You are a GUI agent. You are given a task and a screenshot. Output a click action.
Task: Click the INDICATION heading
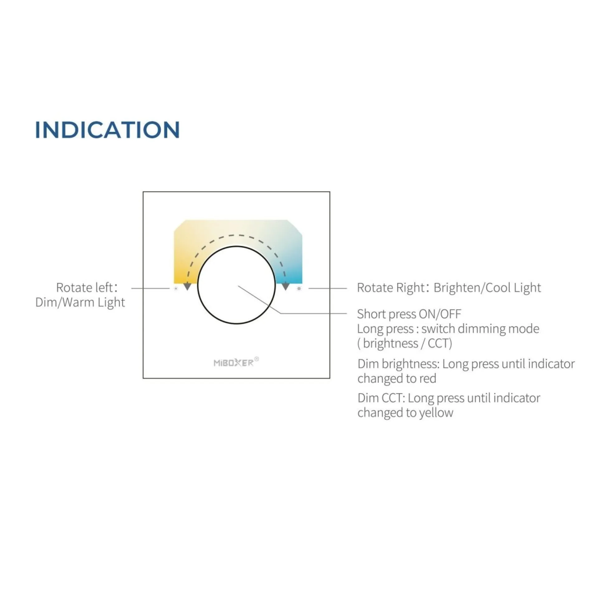point(107,130)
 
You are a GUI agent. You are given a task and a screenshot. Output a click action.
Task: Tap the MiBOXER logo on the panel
point(234,363)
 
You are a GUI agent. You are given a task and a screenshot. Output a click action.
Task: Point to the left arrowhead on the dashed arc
point(187,286)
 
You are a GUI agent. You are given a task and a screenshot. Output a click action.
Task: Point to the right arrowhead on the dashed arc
point(286,286)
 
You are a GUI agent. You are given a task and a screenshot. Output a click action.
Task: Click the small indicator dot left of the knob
point(176,288)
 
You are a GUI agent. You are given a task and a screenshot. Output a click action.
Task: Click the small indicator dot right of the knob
point(299,288)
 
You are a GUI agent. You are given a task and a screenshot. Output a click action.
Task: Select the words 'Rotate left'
point(84,287)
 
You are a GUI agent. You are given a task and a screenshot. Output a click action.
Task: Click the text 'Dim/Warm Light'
point(80,302)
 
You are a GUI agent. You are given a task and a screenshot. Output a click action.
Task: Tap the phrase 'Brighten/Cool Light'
point(487,287)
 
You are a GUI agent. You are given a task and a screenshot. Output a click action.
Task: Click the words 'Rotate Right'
point(391,287)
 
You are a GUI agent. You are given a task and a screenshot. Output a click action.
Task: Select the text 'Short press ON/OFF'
point(409,314)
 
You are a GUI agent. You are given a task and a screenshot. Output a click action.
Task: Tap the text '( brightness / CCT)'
point(405,343)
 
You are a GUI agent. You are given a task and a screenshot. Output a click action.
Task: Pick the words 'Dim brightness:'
point(398,364)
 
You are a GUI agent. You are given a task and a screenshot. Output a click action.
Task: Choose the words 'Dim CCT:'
point(381,398)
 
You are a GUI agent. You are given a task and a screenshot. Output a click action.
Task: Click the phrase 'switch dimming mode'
point(480,329)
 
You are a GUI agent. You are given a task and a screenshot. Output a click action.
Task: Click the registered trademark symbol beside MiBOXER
point(257,359)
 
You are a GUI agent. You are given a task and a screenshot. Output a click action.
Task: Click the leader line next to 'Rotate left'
point(151,288)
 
